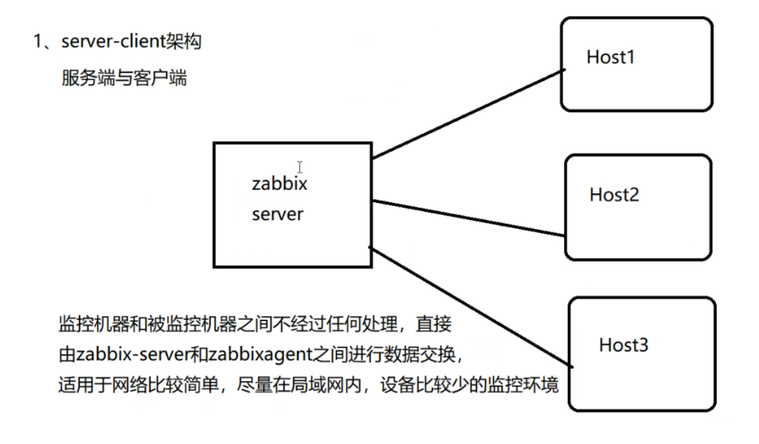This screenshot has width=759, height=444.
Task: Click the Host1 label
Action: point(611,58)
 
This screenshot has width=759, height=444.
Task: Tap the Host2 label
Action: point(614,193)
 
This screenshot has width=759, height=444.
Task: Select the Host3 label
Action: point(623,345)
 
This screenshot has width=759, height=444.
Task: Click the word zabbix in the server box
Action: point(279,184)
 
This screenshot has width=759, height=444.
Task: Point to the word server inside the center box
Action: point(278,215)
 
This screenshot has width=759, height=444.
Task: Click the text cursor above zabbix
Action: point(299,166)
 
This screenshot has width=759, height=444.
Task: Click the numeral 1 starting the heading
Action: point(38,42)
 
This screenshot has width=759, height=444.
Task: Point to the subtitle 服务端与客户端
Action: point(124,78)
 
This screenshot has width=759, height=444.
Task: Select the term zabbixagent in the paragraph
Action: point(261,353)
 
